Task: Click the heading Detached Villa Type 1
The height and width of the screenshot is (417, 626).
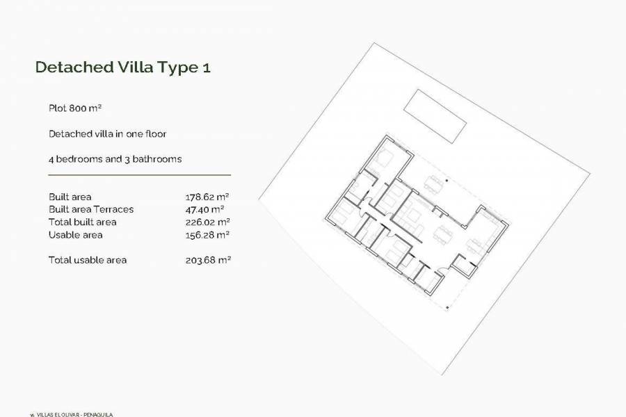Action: point(122,67)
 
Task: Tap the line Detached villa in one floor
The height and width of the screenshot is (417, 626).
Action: point(108,133)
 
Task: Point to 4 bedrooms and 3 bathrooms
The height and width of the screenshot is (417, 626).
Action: point(115,158)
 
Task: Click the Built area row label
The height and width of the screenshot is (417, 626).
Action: point(70,197)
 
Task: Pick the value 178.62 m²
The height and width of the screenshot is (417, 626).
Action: point(207,197)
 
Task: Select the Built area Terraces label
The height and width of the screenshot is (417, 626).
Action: point(91,209)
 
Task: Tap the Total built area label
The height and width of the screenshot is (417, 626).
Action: point(83,222)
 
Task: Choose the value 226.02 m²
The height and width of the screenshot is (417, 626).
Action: point(207,222)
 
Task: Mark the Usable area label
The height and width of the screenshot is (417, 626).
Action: point(76,235)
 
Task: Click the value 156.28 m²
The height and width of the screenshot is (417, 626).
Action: point(207,235)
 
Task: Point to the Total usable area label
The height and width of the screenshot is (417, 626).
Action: point(88,260)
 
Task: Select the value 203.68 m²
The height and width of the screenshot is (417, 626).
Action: point(207,260)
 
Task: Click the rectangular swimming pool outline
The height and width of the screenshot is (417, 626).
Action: point(435,115)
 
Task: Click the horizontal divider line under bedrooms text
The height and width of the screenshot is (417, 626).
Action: point(139,175)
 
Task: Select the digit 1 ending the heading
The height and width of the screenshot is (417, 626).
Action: point(206,67)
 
